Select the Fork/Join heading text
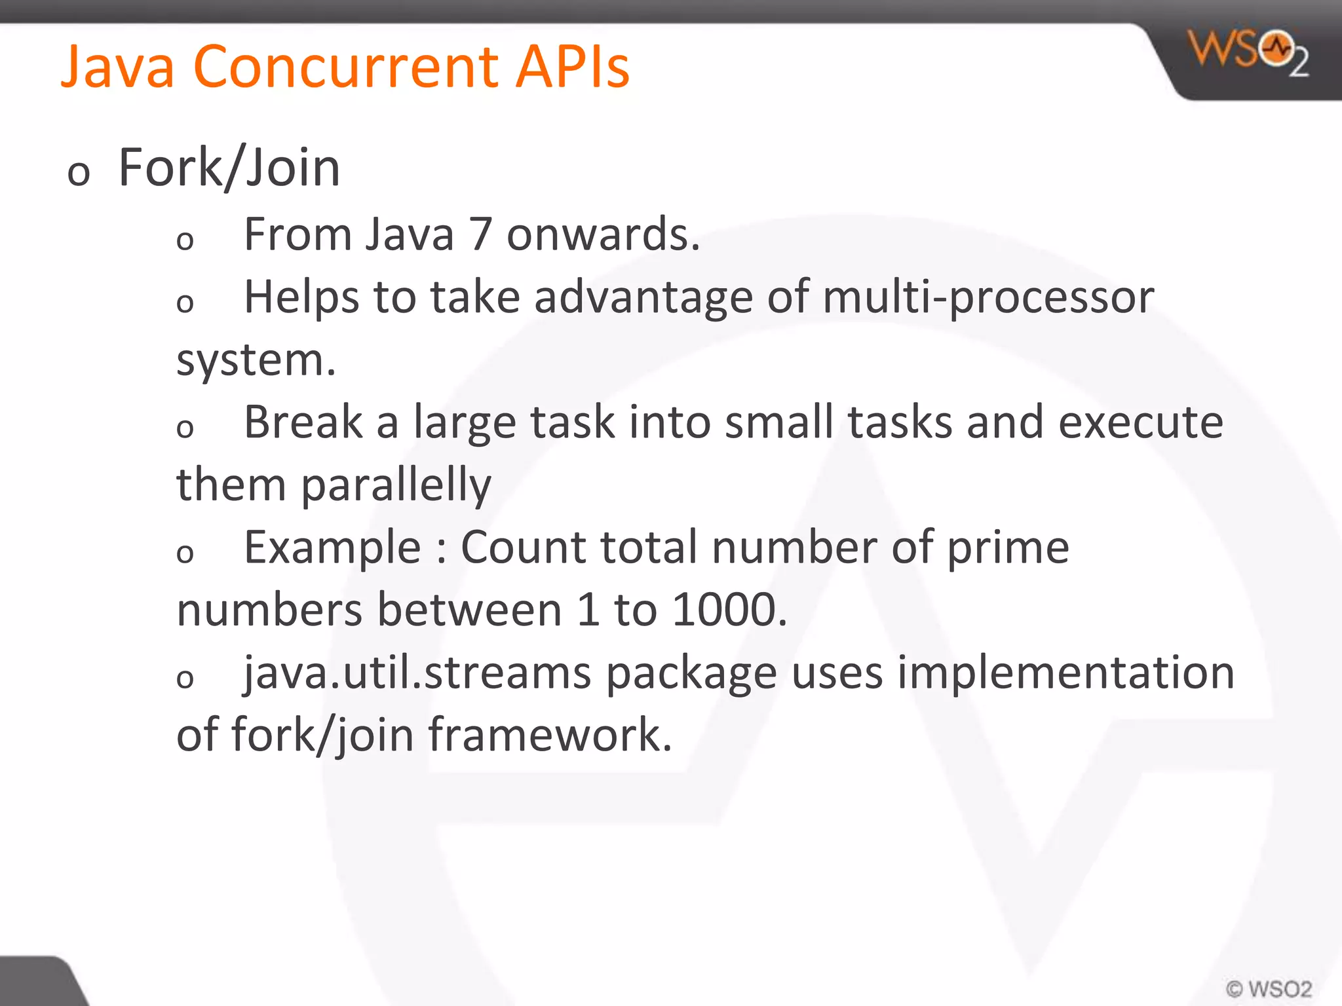(x=229, y=168)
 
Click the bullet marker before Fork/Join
(x=79, y=174)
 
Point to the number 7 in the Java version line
(x=480, y=234)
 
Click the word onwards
(x=603, y=234)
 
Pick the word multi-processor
(x=988, y=298)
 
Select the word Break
(x=303, y=422)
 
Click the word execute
(x=1140, y=422)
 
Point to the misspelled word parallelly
(x=396, y=485)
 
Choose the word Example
(x=332, y=548)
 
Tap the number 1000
(x=729, y=610)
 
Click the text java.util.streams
(x=417, y=673)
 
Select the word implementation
(x=1065, y=673)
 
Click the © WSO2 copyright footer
(x=1269, y=988)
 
